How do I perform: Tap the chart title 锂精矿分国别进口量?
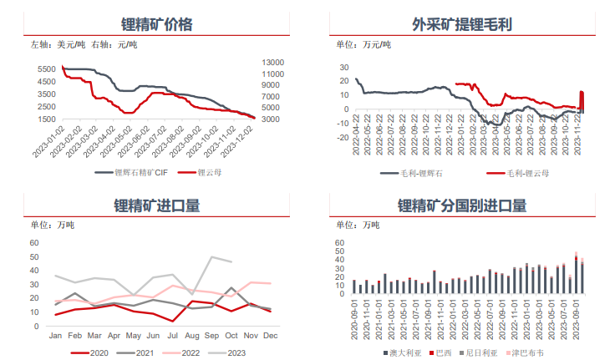click(461, 205)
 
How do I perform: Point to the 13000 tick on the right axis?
click(272, 63)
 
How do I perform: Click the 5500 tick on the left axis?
click(47, 68)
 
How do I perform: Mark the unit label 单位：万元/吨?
click(358, 44)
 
